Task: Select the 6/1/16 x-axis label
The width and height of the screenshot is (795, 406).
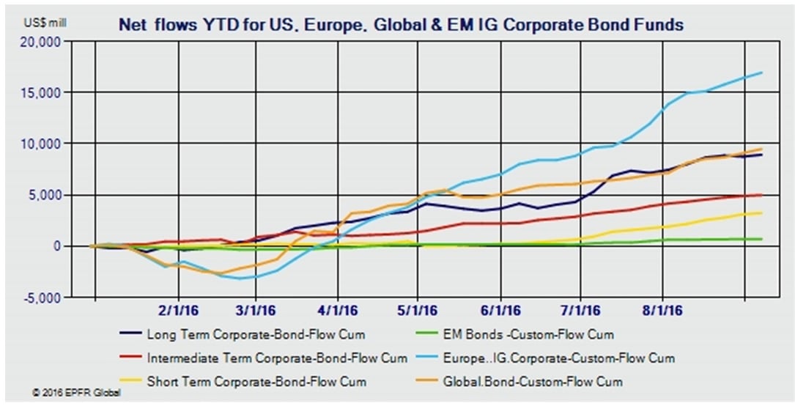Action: click(501, 311)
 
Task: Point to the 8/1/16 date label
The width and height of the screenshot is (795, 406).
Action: click(662, 311)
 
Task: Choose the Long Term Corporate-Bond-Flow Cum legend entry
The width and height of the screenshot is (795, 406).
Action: click(256, 335)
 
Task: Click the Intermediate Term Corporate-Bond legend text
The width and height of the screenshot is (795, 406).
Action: click(276, 358)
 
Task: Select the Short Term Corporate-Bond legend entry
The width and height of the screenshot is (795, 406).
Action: click(256, 382)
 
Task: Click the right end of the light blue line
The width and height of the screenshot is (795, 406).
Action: click(763, 72)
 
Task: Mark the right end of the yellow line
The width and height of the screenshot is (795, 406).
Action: click(763, 213)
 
